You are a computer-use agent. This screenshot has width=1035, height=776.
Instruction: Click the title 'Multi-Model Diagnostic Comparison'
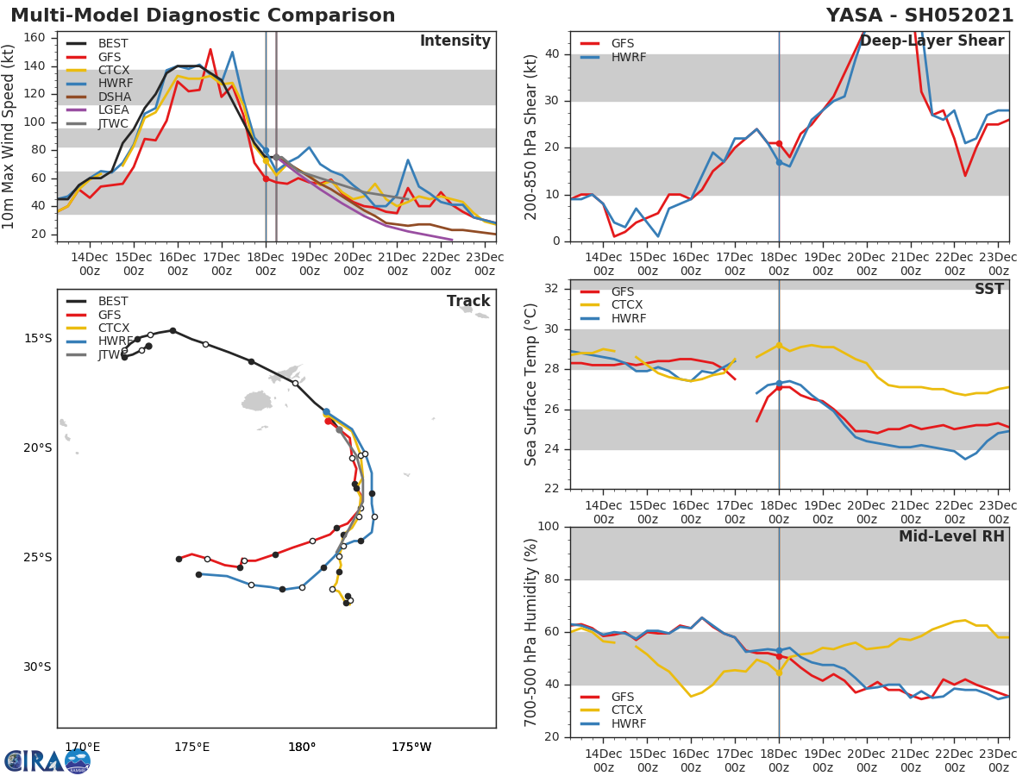coord(203,16)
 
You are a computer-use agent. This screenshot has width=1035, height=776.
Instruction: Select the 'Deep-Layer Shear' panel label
coord(931,41)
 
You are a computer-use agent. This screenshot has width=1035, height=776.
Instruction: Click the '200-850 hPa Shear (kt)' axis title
coord(531,136)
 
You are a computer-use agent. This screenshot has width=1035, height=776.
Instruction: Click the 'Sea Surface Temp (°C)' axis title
coord(531,384)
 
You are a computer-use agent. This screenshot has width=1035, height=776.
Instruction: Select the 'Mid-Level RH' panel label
coord(951,537)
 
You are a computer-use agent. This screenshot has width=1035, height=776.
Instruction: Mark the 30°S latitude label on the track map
coord(37,666)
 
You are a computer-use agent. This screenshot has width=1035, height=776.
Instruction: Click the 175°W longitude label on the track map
coord(411,747)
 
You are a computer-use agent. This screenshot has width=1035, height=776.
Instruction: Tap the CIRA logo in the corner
coord(47,760)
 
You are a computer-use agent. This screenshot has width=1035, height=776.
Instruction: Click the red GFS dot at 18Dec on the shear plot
coord(779,143)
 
